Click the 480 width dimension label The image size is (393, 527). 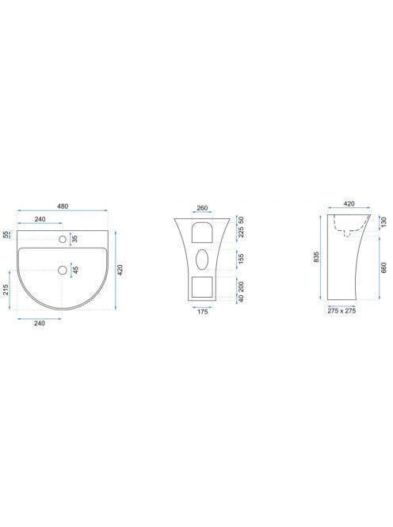(x=63, y=206)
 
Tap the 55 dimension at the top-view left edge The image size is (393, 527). (x=6, y=235)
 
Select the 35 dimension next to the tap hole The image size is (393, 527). (x=74, y=239)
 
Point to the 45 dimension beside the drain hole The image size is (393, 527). (x=75, y=270)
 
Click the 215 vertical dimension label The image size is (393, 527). (x=6, y=290)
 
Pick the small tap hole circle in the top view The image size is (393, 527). (x=63, y=240)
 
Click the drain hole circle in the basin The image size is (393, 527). (x=63, y=270)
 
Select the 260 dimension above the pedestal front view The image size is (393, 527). (x=202, y=208)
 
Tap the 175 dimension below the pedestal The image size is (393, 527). (x=202, y=312)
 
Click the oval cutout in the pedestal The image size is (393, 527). (x=202, y=259)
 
